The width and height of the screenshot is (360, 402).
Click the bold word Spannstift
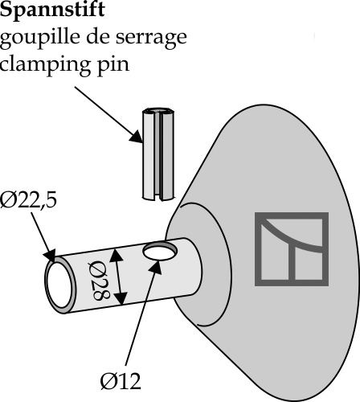pyautogui.click(x=52, y=10)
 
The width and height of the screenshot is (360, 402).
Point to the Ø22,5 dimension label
pyautogui.click(x=28, y=200)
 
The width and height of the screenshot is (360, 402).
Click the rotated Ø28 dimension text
pyautogui.click(x=99, y=280)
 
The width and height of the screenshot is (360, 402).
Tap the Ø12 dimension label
pyautogui.click(x=121, y=381)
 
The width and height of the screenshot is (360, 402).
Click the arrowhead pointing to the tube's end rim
pyautogui.click(x=50, y=256)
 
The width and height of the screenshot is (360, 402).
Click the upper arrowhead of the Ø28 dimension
pyautogui.click(x=116, y=255)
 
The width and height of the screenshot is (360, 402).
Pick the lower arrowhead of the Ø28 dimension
pyautogui.click(x=121, y=298)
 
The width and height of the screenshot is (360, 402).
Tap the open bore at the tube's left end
pyautogui.click(x=59, y=285)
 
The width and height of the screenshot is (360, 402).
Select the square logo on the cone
pyautogui.click(x=292, y=249)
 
